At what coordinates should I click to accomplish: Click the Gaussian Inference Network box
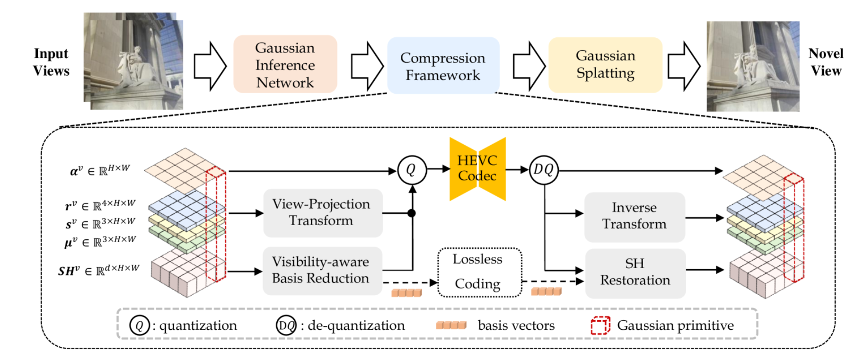tap(285, 64)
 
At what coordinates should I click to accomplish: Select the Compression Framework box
tap(443, 66)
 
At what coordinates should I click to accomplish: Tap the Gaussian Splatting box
tap(605, 64)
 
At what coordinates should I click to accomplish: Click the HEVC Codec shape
tap(477, 168)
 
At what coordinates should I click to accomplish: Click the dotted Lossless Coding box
tap(479, 272)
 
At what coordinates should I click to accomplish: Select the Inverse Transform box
tap(634, 216)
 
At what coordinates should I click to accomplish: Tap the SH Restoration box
tap(635, 272)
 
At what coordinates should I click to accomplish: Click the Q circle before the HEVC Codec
tap(412, 170)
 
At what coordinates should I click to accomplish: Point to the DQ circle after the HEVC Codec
tap(544, 170)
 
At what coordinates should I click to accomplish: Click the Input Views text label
tap(51, 62)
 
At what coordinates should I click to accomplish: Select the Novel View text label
tap(826, 62)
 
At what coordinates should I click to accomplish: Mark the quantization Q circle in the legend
tap(140, 325)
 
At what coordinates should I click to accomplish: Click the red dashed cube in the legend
tap(600, 325)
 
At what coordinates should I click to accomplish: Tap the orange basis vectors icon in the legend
tap(451, 325)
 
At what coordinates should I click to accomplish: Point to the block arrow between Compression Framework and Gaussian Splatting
tap(529, 66)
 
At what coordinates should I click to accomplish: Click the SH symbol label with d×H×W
tap(98, 270)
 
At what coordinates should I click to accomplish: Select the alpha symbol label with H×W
tap(99, 170)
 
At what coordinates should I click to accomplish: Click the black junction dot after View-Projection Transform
tap(412, 213)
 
